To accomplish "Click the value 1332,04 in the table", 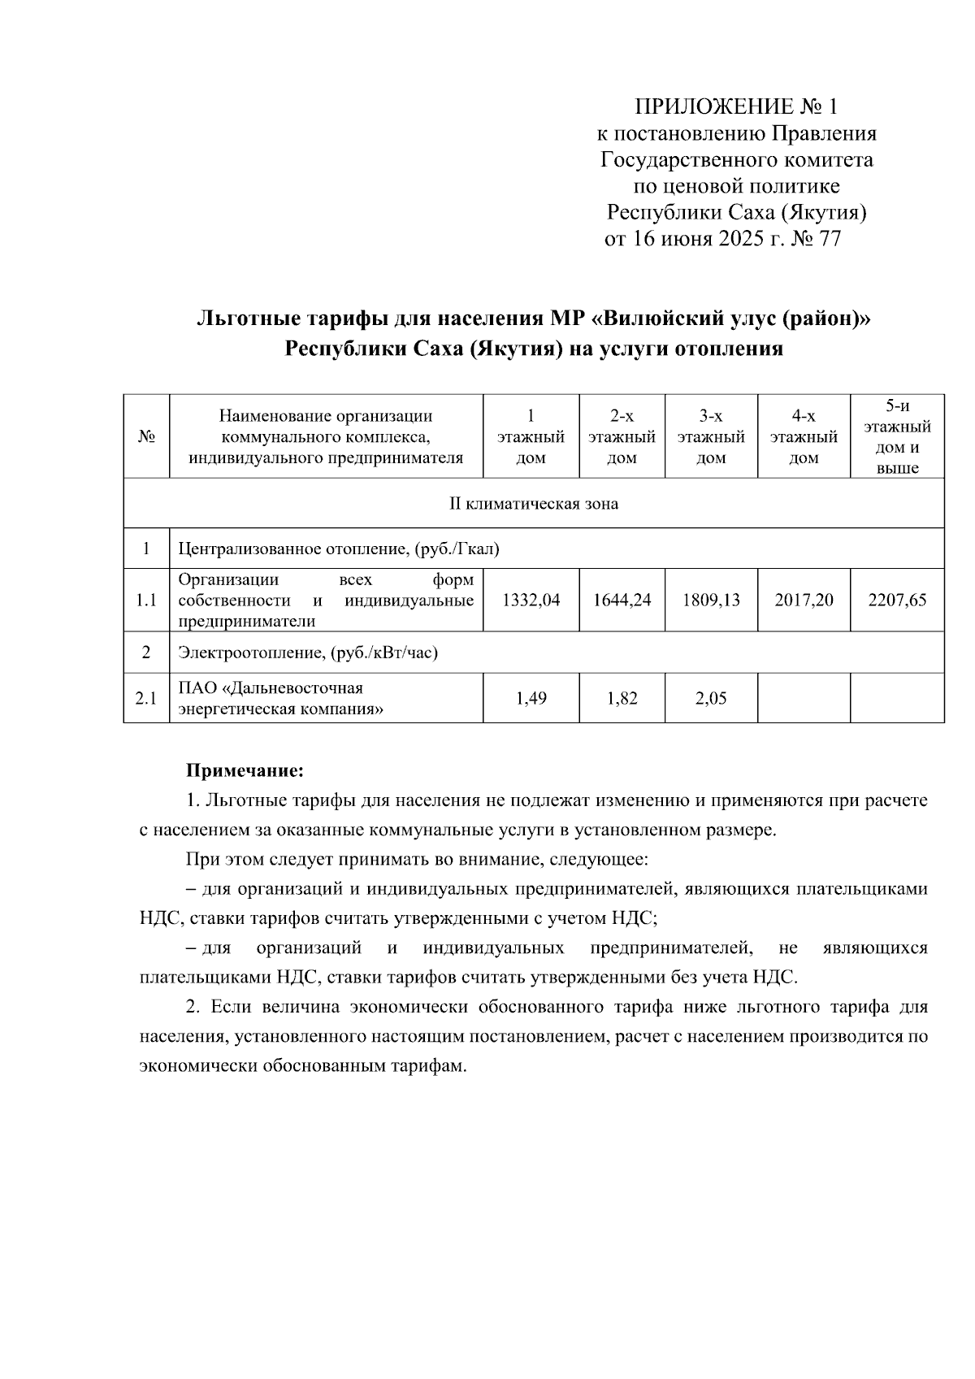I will click(531, 601).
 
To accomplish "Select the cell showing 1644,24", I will click(622, 601).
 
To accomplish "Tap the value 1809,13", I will click(711, 601).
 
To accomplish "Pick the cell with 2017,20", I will click(804, 601).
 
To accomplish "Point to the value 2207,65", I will click(897, 601).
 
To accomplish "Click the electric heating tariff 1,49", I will click(531, 698).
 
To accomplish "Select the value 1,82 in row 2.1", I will click(622, 698).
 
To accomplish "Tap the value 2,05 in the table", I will click(711, 698).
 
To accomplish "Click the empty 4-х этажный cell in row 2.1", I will click(804, 698).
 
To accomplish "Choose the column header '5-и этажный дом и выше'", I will click(897, 436).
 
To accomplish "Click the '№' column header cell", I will click(146, 436).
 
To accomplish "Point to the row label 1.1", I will click(146, 601).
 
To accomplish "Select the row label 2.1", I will click(146, 698).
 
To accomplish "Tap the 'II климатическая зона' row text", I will click(534, 504).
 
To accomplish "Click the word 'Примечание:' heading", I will click(245, 769).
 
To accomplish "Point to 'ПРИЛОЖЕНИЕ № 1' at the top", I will click(734, 106).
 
